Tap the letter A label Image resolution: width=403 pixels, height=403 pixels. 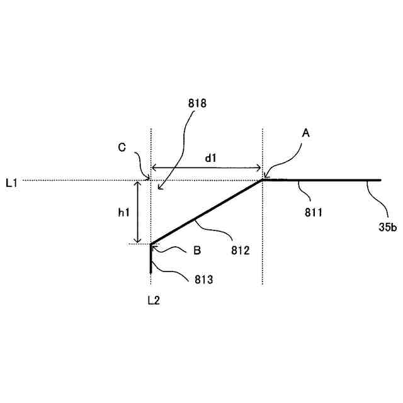tap(306, 133)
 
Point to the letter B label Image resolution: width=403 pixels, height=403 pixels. tap(197, 250)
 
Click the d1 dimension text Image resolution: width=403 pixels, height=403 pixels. tap(210, 159)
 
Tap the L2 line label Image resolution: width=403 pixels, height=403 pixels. tap(153, 300)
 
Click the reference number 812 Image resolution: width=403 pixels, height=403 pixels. tap(241, 250)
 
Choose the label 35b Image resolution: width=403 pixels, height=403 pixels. tap(387, 227)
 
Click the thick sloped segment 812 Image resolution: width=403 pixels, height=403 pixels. tap(207, 212)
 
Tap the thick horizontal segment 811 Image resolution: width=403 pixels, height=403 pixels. tap(321, 180)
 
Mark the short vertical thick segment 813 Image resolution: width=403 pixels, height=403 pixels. tap(151, 258)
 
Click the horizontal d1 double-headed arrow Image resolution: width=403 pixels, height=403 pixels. tap(206, 168)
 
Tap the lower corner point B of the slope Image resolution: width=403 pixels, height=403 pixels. tap(151, 244)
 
